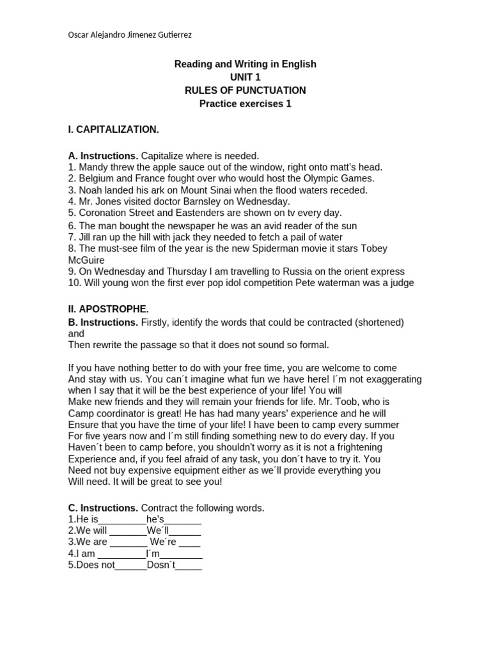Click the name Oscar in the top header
click(x=79, y=34)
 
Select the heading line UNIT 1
click(x=245, y=77)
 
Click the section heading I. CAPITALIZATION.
click(x=113, y=130)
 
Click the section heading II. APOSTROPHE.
click(x=108, y=309)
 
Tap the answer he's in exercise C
click(x=155, y=519)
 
